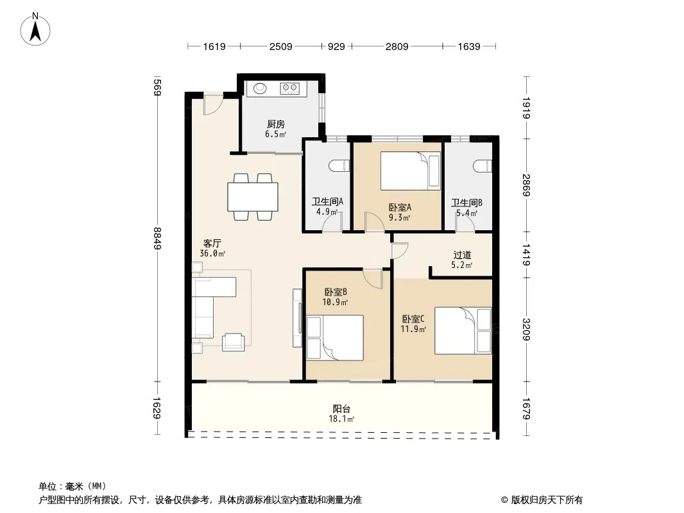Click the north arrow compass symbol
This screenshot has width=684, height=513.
pos(35,29)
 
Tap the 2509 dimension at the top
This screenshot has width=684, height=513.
pos(280,46)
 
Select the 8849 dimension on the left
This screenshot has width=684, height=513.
pos(157,238)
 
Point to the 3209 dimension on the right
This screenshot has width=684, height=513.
pos(527,330)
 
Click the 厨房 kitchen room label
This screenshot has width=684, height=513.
pos(276,124)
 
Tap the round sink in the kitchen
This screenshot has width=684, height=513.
pos(260,88)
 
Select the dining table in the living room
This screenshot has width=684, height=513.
pos(253,197)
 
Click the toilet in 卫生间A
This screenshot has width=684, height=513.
pos(339,165)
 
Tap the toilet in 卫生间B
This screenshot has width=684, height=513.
pos(482,166)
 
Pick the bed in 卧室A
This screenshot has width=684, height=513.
pos(411,171)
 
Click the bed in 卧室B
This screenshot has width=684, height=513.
pos(335,338)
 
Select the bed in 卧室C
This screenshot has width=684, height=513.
pos(463,331)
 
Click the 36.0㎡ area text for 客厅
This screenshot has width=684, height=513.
pos(212,254)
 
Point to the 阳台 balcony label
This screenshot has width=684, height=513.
pos(341,409)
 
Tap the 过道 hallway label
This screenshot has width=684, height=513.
pos(462,255)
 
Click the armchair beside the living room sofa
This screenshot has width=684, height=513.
pos(234,342)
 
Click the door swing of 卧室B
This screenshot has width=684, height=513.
pos(373,279)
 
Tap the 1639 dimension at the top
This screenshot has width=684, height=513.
pos(469,46)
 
